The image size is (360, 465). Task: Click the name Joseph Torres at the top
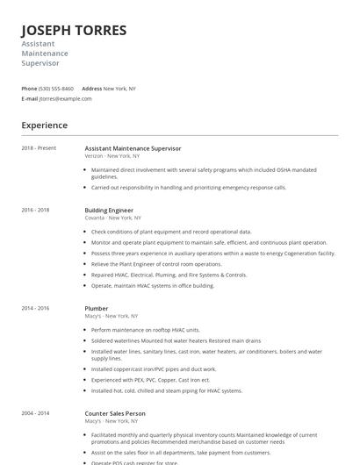click(74, 30)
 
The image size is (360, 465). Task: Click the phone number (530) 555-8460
click(56, 89)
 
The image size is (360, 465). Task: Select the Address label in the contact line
click(91, 89)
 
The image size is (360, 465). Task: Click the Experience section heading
click(44, 125)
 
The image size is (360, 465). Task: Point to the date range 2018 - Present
click(39, 148)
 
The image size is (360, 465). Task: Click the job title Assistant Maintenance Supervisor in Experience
click(133, 148)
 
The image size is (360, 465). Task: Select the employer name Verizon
click(96, 155)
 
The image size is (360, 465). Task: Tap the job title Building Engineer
click(109, 211)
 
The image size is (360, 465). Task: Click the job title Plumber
click(97, 309)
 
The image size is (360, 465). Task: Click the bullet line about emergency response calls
click(189, 187)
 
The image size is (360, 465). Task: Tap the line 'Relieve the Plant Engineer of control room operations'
click(156, 263)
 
